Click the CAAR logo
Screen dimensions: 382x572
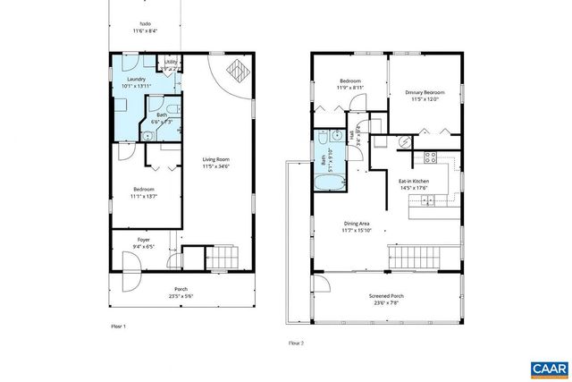(x=547, y=368)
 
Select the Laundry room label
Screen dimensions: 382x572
(x=137, y=80)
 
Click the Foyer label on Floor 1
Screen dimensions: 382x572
(x=143, y=240)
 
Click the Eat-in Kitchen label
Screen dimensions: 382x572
(x=414, y=182)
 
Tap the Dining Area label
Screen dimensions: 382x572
(x=357, y=224)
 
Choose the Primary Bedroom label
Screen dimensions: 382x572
(x=425, y=90)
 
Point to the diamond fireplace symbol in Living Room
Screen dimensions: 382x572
(x=238, y=70)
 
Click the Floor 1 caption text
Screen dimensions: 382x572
(x=118, y=327)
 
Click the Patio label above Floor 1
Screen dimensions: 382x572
(x=145, y=24)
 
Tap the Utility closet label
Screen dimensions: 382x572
(x=170, y=63)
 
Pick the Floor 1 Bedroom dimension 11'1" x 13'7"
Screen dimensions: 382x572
(x=144, y=195)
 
